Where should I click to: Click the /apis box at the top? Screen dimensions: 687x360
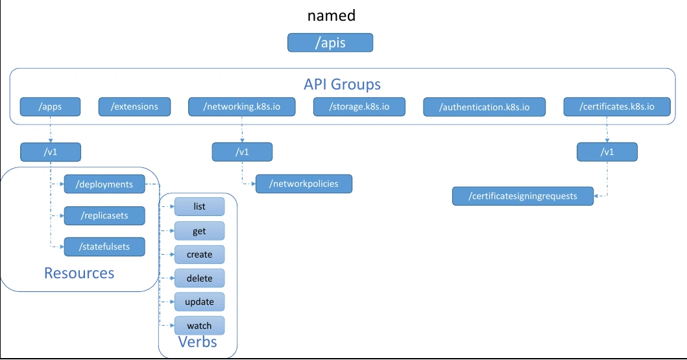click(x=330, y=42)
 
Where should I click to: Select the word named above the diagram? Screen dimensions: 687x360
click(x=331, y=16)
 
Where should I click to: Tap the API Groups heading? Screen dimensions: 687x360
click(x=342, y=84)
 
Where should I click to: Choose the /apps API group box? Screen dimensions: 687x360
click(x=51, y=107)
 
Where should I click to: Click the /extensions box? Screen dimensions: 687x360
click(x=134, y=107)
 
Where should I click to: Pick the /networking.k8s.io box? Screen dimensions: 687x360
click(x=242, y=107)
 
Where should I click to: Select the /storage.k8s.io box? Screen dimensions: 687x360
click(x=359, y=107)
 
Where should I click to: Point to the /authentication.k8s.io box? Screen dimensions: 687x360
click(x=484, y=107)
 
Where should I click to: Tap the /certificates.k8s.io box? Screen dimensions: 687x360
click(x=617, y=107)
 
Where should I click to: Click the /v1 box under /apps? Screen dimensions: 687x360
click(x=51, y=152)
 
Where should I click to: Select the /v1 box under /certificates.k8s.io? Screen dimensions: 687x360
click(x=607, y=152)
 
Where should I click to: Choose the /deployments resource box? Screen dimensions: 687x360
click(x=104, y=184)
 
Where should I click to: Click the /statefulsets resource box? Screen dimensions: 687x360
click(x=104, y=246)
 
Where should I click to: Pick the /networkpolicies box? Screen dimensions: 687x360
click(x=304, y=184)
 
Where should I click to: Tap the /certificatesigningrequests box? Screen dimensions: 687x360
click(x=523, y=196)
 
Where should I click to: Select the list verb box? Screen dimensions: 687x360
click(x=199, y=207)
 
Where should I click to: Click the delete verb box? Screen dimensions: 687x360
click(x=199, y=278)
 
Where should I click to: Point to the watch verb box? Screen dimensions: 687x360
click(x=199, y=326)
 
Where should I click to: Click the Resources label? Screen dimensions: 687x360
click(x=79, y=273)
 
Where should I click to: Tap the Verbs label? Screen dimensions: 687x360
click(x=198, y=342)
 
